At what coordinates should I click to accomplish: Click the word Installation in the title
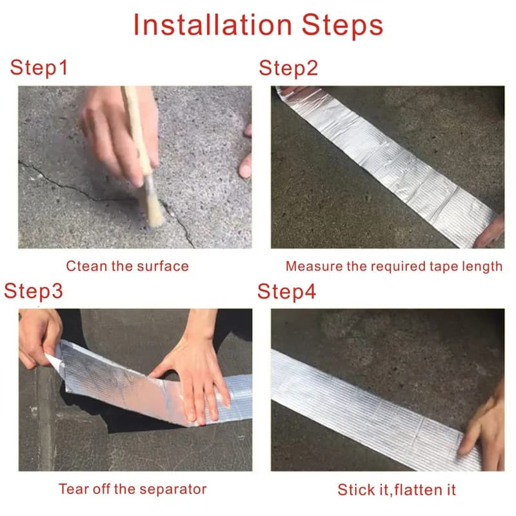click(x=213, y=25)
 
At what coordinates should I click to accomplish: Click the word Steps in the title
click(x=342, y=26)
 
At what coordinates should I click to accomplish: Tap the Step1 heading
click(x=39, y=68)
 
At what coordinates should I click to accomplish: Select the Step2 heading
click(x=288, y=68)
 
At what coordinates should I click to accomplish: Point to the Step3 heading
click(x=34, y=292)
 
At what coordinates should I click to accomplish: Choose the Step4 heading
click(x=286, y=292)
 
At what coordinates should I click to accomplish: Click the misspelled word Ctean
click(x=87, y=266)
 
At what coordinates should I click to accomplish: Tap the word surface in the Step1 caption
click(x=163, y=266)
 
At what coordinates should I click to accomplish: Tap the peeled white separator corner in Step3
click(x=54, y=361)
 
